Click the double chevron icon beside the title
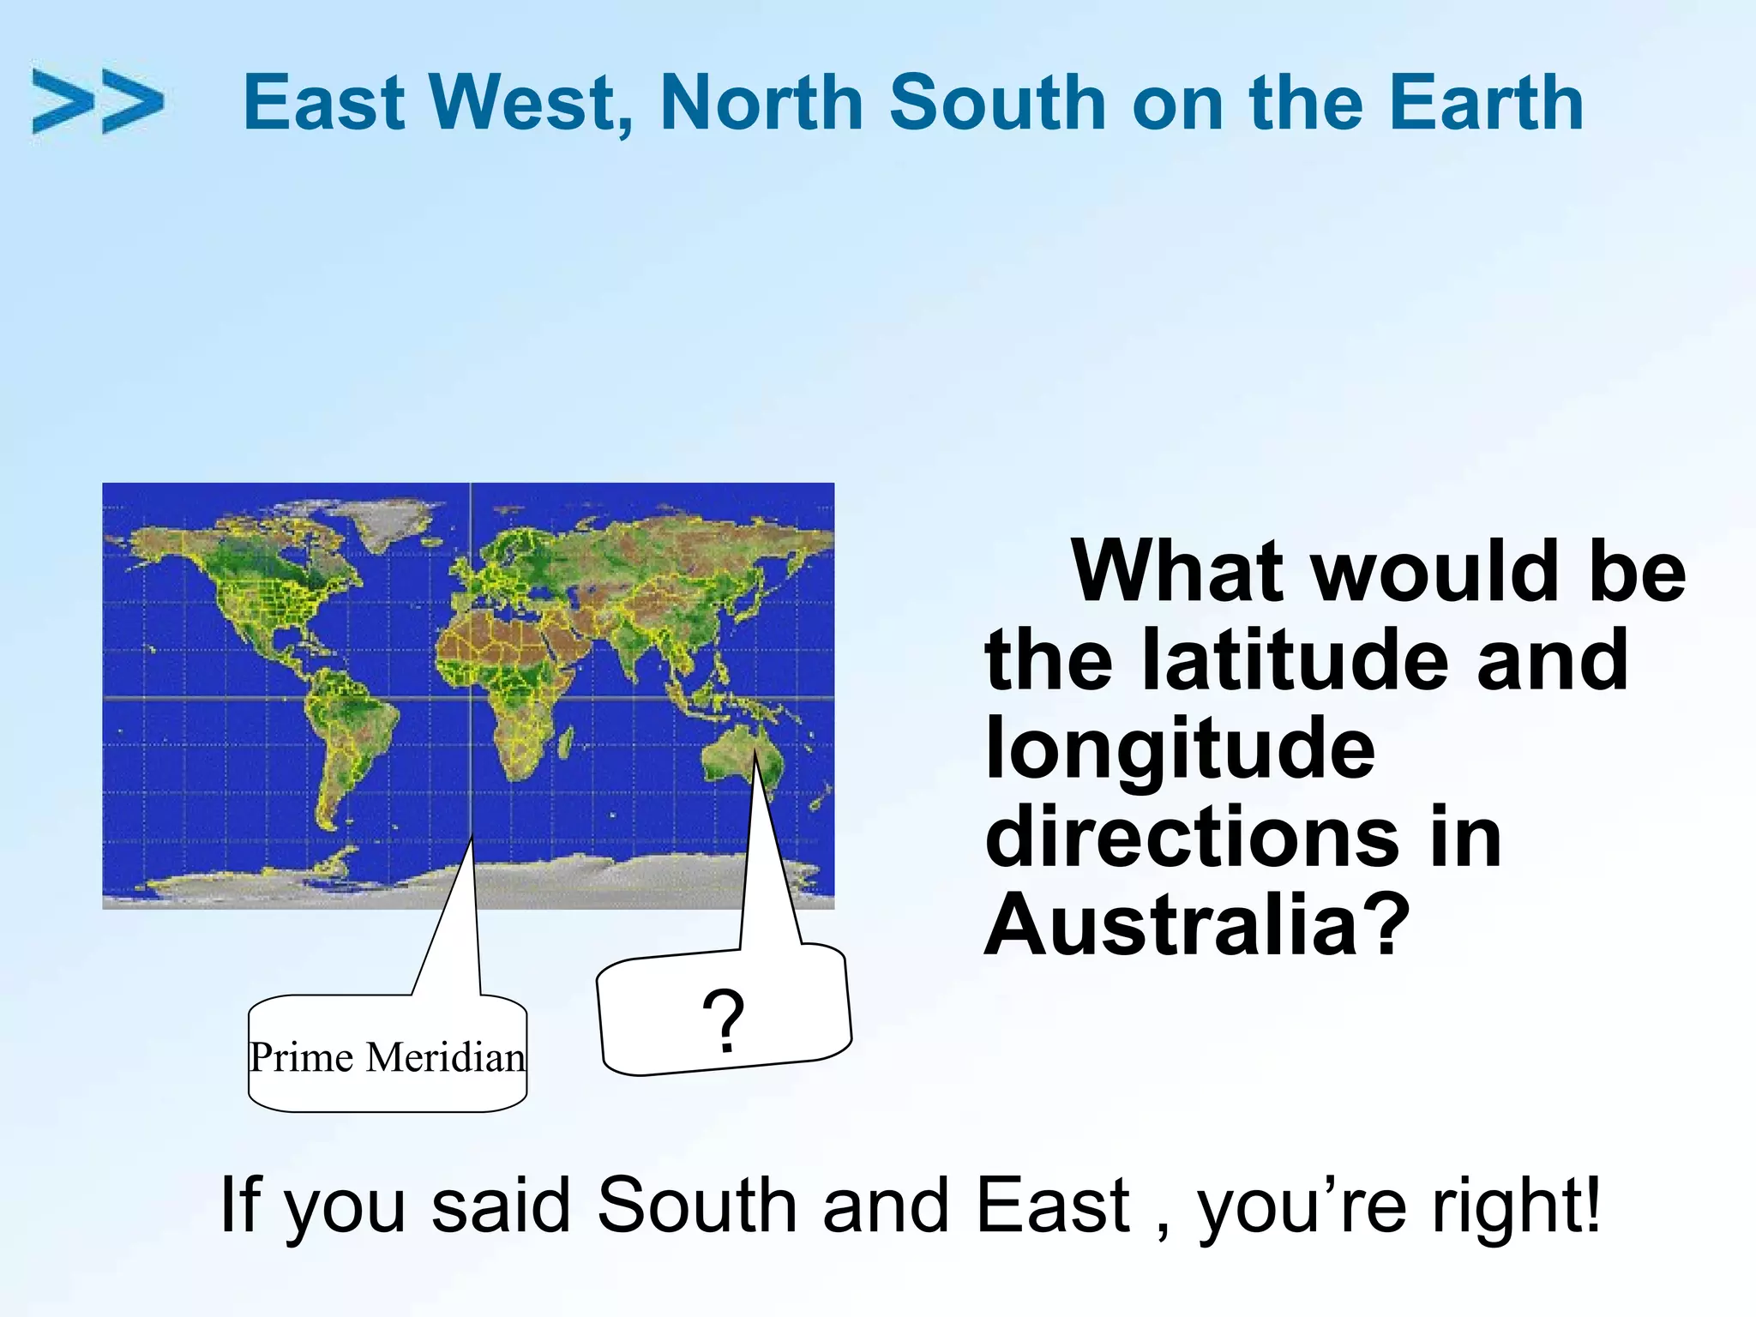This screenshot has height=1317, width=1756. click(x=97, y=101)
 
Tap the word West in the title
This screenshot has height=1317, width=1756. click(x=532, y=103)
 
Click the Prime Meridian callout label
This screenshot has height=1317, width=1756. click(x=387, y=1056)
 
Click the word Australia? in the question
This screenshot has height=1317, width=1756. click(x=1197, y=926)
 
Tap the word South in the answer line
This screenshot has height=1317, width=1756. click(x=696, y=1206)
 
